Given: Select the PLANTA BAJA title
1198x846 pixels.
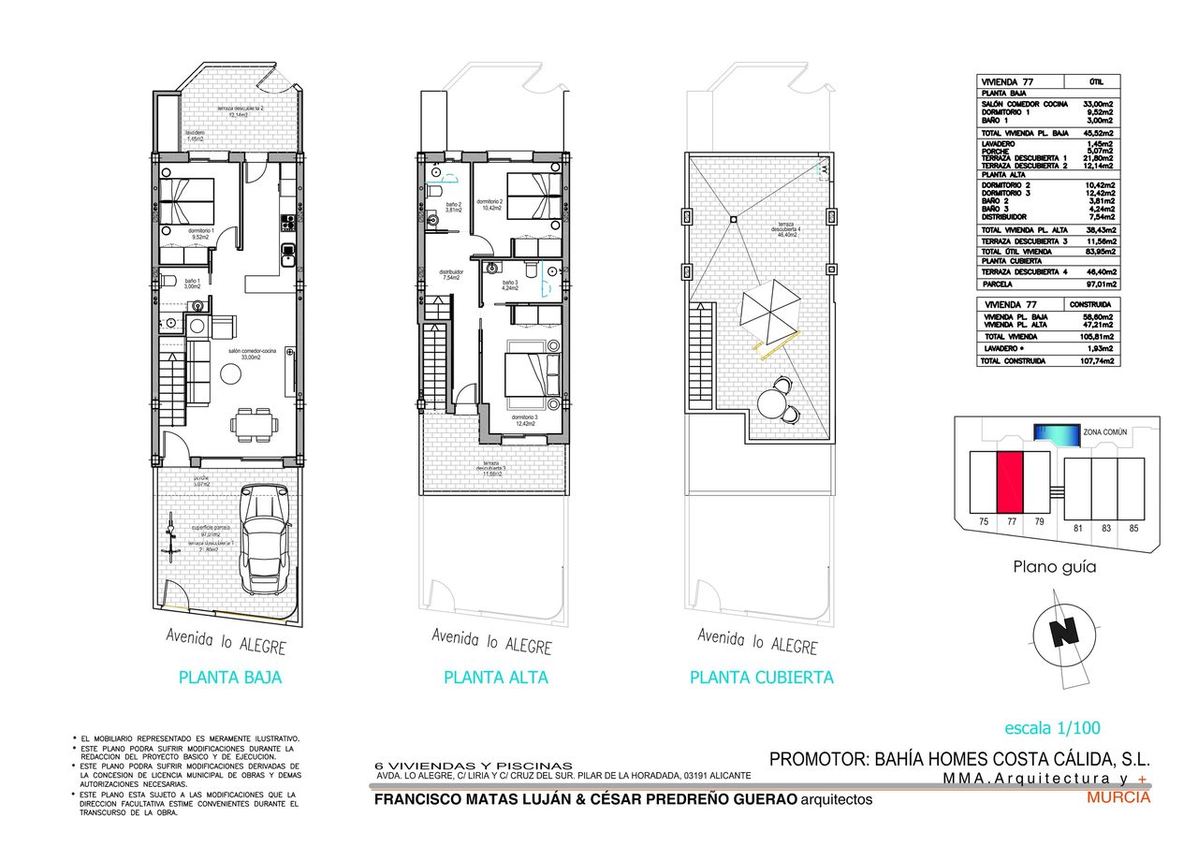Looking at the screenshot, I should pos(229,678).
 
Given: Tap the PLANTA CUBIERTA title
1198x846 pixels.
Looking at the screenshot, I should pos(761,678).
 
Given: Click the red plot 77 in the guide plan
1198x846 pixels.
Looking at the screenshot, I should pos(1010,481).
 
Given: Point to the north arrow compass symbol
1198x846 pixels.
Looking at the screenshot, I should pos(1062,633).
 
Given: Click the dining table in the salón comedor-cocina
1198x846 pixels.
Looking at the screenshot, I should pos(254,424).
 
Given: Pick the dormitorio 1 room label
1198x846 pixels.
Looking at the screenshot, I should pos(202,233).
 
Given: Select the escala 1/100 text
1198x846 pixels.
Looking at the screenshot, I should pos(1052,728).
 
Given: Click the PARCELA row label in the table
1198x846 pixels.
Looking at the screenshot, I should pos(999,284).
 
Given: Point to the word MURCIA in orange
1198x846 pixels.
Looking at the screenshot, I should pos(1118,798).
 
